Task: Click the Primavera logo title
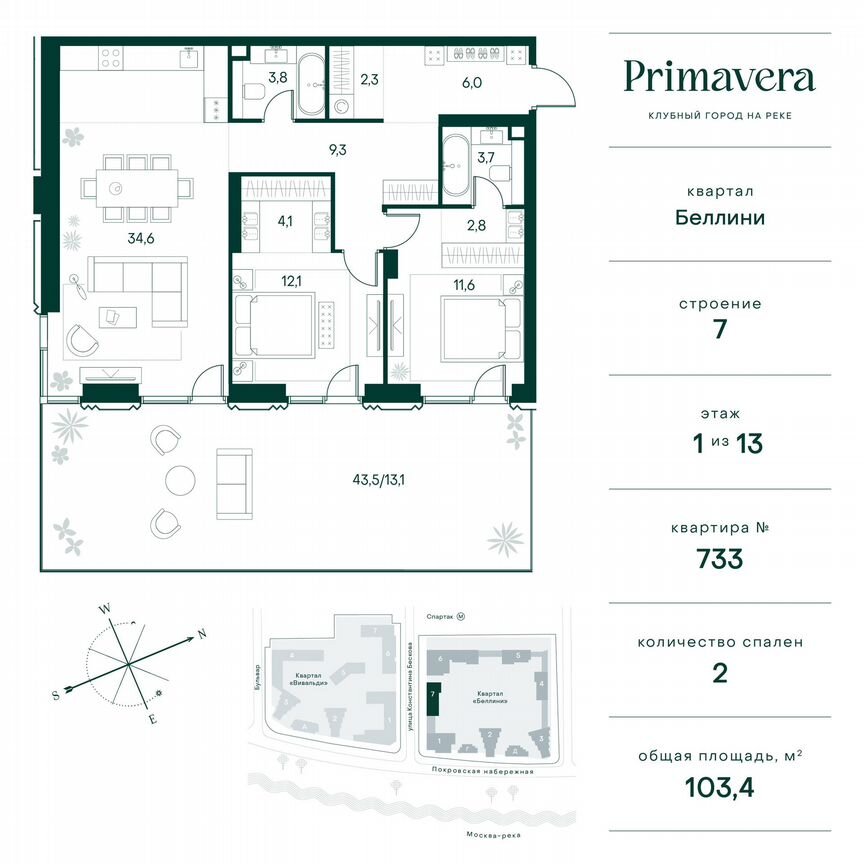click(719, 77)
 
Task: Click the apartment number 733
click(719, 558)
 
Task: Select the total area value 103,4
click(719, 786)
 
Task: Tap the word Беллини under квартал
click(719, 217)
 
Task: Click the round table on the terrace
click(183, 479)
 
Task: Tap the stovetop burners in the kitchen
click(110, 59)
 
